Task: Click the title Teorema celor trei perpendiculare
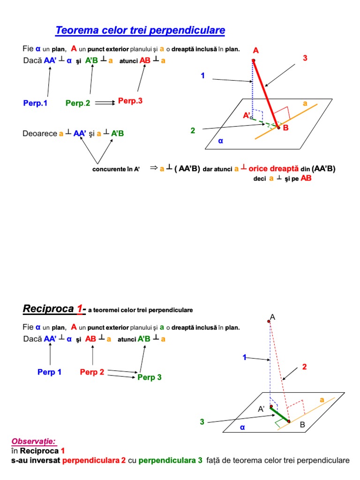point(140,31)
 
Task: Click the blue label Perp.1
point(36,103)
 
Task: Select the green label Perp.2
point(78,103)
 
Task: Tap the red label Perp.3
point(130,101)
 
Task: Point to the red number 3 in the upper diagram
point(305,58)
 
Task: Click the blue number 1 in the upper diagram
point(203,75)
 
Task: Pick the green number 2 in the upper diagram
point(193,130)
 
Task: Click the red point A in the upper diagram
point(253,60)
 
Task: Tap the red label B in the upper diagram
point(285,128)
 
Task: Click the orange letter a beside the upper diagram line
point(305,103)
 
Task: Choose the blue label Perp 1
point(50,372)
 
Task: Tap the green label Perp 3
point(150,377)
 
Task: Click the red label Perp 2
point(92,372)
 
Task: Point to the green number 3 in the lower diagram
point(202,422)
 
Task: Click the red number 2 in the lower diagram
point(304,367)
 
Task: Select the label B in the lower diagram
point(302,425)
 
